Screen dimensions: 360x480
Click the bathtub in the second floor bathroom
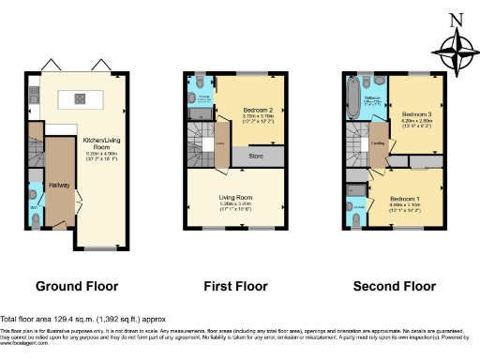352,97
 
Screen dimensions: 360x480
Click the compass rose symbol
455,52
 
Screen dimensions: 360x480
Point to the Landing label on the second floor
378,143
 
